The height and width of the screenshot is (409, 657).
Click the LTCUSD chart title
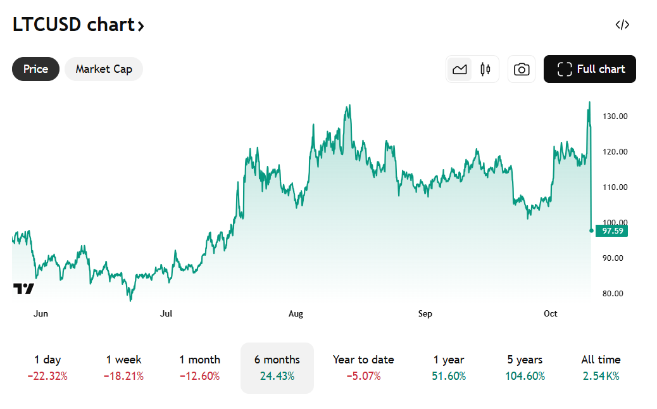78,25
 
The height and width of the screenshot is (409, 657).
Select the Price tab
35,69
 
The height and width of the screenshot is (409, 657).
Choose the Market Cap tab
104,69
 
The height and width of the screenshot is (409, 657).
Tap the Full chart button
590,69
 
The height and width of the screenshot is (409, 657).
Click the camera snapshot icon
522,69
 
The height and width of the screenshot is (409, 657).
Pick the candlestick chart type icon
485,69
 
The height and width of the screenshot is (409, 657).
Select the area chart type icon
460,69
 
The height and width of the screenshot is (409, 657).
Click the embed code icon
622,25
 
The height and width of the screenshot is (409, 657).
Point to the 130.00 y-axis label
615,116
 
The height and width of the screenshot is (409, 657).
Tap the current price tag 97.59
612,231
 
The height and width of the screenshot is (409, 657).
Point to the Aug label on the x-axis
296,314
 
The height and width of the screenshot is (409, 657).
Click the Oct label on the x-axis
551,314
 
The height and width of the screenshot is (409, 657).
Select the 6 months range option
277,368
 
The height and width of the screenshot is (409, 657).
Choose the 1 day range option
47,368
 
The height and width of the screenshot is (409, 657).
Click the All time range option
601,368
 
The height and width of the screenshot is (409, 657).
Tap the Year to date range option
363,368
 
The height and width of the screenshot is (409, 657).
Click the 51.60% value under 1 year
449,376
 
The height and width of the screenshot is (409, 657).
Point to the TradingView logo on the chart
23,289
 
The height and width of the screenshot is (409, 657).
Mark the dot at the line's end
591,230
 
